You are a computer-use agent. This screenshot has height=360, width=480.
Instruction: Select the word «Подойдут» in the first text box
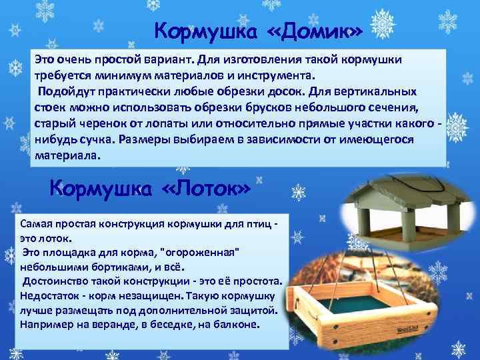pyautogui.click(x=64, y=91)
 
